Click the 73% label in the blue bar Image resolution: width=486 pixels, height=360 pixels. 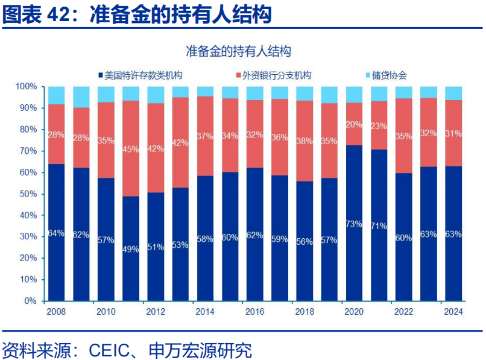353,224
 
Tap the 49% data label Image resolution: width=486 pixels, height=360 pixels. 130,250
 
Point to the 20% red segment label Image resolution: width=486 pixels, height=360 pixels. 353,125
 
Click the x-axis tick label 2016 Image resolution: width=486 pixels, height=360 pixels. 254,312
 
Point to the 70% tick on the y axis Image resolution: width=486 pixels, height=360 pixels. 27,151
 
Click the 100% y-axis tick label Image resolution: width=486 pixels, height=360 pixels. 25,87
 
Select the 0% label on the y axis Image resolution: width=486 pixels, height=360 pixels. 30,301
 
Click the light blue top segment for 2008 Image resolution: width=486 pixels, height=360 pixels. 56,95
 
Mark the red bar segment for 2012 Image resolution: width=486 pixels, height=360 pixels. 155,148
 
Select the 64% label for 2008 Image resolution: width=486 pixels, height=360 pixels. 56,233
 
